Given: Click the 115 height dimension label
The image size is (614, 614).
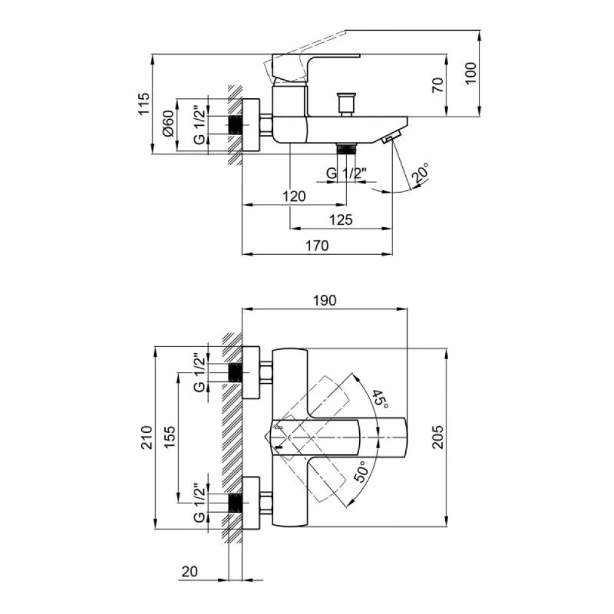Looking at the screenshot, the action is pyautogui.click(x=144, y=103).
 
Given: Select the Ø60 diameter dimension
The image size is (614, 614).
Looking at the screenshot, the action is pyautogui.click(x=168, y=123).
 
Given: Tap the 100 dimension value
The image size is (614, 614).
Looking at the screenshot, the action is pyautogui.click(x=470, y=73).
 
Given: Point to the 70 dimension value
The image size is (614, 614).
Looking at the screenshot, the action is pyautogui.click(x=438, y=85).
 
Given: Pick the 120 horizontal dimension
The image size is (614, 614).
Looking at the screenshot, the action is pyautogui.click(x=294, y=196).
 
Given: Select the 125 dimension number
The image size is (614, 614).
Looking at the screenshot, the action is pyautogui.click(x=341, y=220).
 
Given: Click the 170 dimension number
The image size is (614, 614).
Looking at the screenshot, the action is pyautogui.click(x=317, y=246).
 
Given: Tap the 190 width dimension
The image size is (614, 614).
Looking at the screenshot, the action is pyautogui.click(x=325, y=300).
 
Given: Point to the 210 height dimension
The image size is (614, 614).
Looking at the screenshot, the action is pyautogui.click(x=146, y=437).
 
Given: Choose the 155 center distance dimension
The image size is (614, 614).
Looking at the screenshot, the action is pyautogui.click(x=169, y=437).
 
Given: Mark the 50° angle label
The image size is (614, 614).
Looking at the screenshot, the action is pyautogui.click(x=360, y=471).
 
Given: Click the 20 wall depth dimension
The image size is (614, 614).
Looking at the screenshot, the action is pyautogui.click(x=190, y=571).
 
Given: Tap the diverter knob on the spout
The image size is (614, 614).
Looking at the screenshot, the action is pyautogui.click(x=347, y=104).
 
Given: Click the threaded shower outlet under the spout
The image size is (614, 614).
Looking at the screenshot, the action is pyautogui.click(x=346, y=149).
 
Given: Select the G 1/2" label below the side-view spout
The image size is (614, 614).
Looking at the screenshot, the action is pyautogui.click(x=346, y=173).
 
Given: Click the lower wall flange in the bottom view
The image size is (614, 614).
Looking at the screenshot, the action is pyautogui.click(x=251, y=503).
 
